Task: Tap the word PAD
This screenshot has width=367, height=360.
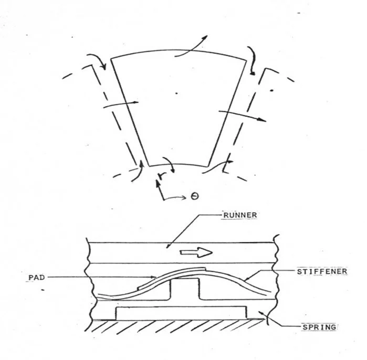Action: pyautogui.click(x=33, y=277)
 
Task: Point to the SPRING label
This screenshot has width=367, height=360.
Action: pyautogui.click(x=319, y=326)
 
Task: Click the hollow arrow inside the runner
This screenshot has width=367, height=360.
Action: pyautogui.click(x=196, y=252)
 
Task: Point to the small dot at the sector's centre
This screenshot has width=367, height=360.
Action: pyautogui.click(x=177, y=93)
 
